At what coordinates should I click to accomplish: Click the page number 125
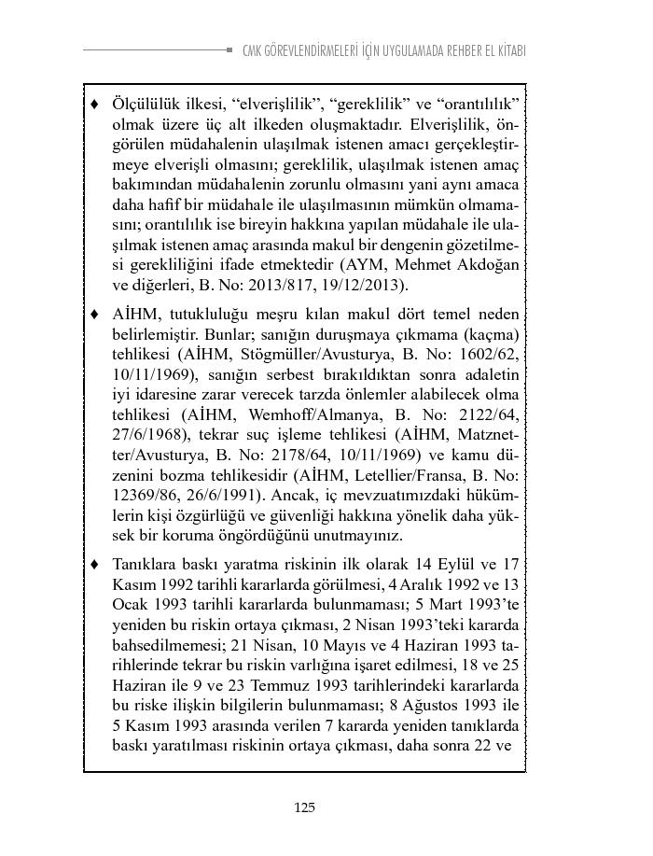(303, 807)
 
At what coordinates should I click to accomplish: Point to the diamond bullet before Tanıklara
(94, 565)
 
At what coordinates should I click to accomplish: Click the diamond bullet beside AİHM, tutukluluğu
(94, 316)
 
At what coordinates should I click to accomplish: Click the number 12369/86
(143, 499)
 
